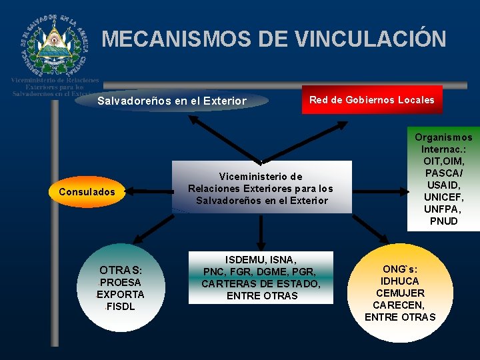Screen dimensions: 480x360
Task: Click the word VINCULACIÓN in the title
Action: tap(370, 39)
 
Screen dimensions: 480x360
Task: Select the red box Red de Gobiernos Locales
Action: tap(371, 100)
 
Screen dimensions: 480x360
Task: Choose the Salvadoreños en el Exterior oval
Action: tap(172, 101)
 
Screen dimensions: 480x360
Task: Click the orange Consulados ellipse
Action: tap(87, 192)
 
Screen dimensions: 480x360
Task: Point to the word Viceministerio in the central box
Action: tap(261, 177)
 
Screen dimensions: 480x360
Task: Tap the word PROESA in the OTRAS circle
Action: tap(121, 283)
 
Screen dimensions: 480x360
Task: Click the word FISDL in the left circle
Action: tap(121, 307)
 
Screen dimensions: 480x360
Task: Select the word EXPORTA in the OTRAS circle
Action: tap(121, 295)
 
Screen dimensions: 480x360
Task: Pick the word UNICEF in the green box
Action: tap(444, 197)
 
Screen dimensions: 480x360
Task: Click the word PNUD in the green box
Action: tap(444, 221)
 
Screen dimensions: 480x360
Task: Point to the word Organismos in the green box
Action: tap(444, 137)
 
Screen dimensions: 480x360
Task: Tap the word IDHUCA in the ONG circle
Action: tap(400, 281)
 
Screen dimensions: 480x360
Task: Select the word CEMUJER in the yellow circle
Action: tap(400, 293)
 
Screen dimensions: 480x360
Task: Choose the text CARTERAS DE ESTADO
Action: tap(261, 284)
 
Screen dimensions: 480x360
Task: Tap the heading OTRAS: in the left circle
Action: tap(121, 270)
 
